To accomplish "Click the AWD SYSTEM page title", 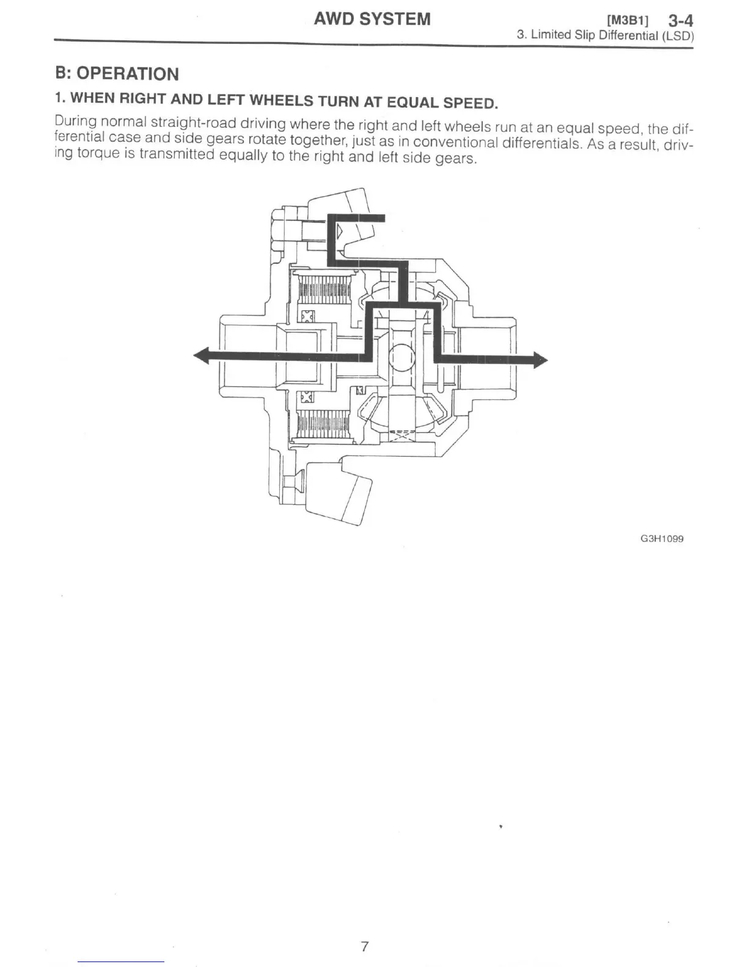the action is point(372,19).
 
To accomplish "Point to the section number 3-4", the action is point(680,20).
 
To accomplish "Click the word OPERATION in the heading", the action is point(128,74).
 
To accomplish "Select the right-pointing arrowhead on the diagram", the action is point(540,360).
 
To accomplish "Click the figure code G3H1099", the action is point(662,539).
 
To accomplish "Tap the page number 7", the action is point(365,946).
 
